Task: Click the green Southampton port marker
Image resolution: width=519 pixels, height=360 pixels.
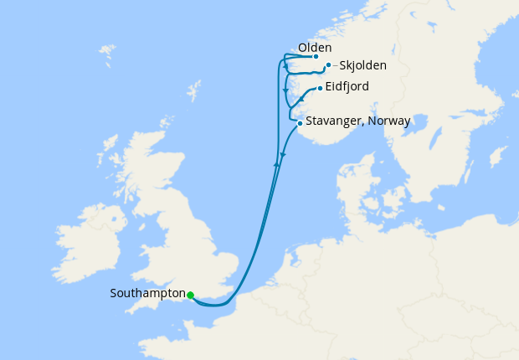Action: [x=191, y=295]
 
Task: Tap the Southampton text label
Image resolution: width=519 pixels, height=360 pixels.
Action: [x=147, y=294]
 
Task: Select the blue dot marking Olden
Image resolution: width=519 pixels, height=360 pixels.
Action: [x=316, y=57]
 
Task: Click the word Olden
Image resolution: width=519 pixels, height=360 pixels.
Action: [x=315, y=48]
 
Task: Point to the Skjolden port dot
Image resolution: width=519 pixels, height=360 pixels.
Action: [x=328, y=64]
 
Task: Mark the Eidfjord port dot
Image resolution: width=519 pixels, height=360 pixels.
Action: [x=320, y=87]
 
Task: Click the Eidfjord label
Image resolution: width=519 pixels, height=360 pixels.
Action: [x=348, y=86]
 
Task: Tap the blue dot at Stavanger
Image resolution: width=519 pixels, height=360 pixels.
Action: [x=300, y=124]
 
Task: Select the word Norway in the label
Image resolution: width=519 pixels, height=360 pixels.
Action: [x=389, y=121]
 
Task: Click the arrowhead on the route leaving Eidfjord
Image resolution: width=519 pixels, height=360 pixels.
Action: [x=301, y=100]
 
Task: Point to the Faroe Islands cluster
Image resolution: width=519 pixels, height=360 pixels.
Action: [x=106, y=56]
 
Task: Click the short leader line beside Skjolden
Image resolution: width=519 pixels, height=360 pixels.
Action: [x=336, y=65]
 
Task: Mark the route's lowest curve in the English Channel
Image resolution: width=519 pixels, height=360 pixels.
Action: [x=214, y=306]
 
